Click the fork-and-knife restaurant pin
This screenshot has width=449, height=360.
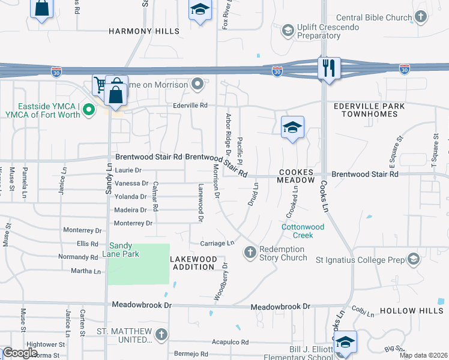[330, 68]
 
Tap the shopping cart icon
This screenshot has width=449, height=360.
[101, 85]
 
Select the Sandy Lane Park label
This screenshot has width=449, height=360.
[124, 250]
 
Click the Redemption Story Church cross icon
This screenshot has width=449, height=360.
[250, 251]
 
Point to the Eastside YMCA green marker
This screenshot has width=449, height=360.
[89, 110]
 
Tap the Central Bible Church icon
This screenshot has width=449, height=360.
[422, 17]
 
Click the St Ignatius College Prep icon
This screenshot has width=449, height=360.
[412, 259]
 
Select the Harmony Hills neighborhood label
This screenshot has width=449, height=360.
[144, 31]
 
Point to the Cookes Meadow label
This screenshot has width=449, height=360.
[297, 176]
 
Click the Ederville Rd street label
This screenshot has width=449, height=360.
[190, 106]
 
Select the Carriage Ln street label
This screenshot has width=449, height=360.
[217, 244]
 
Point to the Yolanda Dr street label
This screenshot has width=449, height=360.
[131, 197]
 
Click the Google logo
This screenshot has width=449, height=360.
[20, 353]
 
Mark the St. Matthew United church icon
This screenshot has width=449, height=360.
[160, 335]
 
